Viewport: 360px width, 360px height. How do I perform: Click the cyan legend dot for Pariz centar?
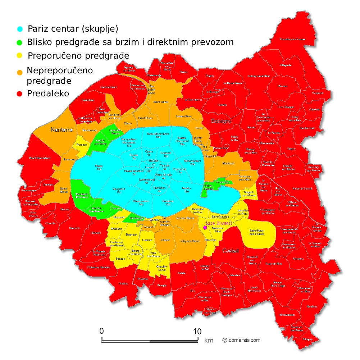(20, 29)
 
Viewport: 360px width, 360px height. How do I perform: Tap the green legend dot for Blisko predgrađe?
(20, 42)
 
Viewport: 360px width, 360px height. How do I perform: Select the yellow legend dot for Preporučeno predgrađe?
(20, 56)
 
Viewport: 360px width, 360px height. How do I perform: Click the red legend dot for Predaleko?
(20, 94)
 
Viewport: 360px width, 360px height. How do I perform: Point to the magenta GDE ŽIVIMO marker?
(205, 227)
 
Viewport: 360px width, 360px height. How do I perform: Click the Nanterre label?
(61, 130)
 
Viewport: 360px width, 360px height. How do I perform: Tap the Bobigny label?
(222, 121)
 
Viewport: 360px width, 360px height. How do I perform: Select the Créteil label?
(231, 251)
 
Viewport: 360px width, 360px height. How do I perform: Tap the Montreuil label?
(228, 164)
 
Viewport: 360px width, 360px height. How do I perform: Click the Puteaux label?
(82, 145)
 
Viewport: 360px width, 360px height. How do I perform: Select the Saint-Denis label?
(161, 102)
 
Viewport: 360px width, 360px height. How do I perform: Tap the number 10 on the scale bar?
(197, 331)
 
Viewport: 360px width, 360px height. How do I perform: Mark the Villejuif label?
(165, 240)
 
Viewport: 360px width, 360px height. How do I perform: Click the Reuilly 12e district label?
(186, 190)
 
